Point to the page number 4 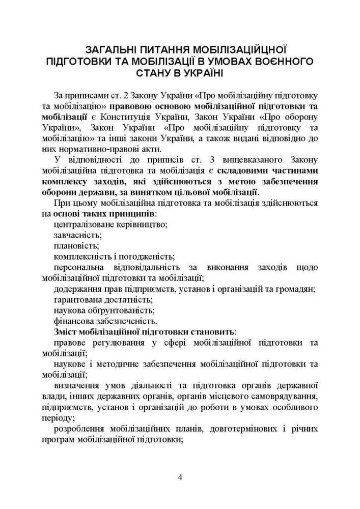180,477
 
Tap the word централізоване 83,224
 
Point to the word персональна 76,267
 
